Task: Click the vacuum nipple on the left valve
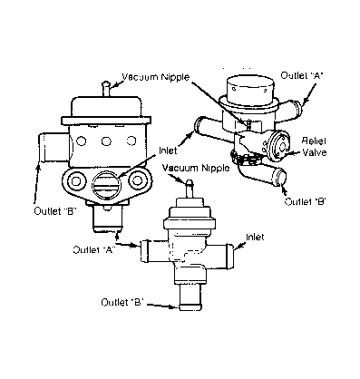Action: (x=106, y=88)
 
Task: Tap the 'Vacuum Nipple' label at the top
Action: (x=156, y=77)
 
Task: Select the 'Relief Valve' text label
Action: (x=315, y=146)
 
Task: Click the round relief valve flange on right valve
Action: (x=281, y=147)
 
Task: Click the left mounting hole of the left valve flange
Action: (x=75, y=180)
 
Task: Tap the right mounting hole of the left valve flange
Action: (x=137, y=180)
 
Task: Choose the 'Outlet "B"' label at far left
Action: (x=54, y=211)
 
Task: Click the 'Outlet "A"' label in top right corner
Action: (x=302, y=75)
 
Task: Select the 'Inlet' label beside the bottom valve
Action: (x=255, y=237)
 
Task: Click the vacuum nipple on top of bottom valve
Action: (x=190, y=189)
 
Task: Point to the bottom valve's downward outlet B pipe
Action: (x=190, y=296)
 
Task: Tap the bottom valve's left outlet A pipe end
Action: (x=144, y=250)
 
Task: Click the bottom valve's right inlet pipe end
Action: (x=229, y=256)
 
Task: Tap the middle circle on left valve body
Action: (x=106, y=141)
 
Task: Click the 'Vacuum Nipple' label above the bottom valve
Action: (x=196, y=168)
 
